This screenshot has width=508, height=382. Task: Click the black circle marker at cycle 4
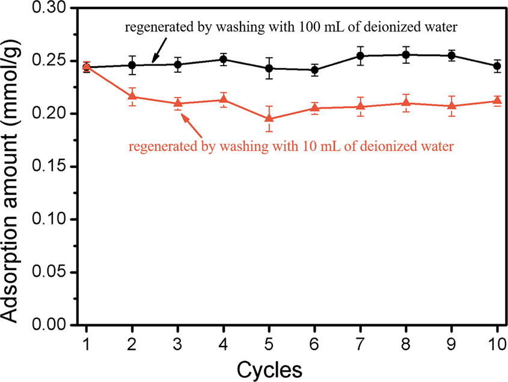[x=224, y=59]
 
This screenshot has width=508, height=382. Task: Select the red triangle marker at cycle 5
[x=269, y=119]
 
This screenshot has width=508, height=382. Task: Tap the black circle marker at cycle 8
[x=406, y=55]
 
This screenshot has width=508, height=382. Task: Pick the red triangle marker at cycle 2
[x=132, y=96]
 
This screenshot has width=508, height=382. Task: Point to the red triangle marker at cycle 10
[x=497, y=100]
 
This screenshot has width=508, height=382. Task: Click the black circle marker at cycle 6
[x=314, y=70]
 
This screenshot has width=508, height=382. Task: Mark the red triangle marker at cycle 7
[x=360, y=106]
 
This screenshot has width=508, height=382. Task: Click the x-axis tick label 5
[x=269, y=342]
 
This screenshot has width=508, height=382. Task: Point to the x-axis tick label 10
[x=497, y=342]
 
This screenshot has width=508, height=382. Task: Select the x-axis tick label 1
[x=87, y=342]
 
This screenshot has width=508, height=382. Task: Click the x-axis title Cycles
[x=269, y=366]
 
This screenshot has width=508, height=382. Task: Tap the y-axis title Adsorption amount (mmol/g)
[x=16, y=168]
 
